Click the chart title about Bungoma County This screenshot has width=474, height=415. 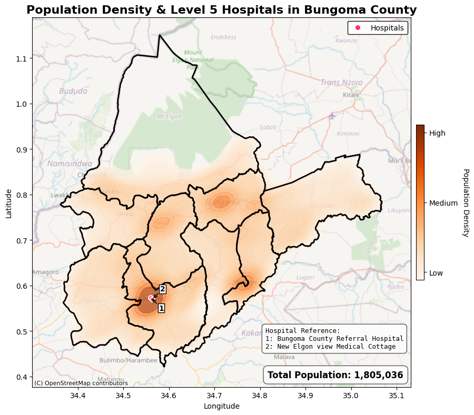221,10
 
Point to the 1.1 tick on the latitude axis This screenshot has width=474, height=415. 24,58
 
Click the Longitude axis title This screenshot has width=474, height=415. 221,406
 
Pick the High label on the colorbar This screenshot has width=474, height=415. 437,134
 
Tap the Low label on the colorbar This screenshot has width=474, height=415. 436,273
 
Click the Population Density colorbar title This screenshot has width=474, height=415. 465,203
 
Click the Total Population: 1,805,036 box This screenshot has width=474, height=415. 335,375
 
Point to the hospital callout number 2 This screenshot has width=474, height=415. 163,289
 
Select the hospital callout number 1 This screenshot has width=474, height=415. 161,308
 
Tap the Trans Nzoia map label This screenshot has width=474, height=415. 341,83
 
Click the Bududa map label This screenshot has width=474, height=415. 73,91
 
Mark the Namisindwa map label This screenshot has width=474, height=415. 70,164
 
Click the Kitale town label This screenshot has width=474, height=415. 351,95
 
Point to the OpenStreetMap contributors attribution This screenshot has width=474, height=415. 81,383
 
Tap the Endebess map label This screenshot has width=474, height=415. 223,37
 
